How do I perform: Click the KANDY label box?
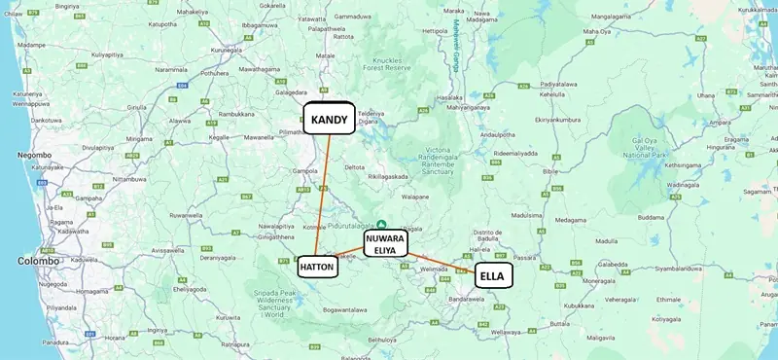point(329,119)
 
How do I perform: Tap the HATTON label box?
point(318,266)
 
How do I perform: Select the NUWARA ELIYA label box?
point(386,242)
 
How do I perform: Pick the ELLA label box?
point(493,276)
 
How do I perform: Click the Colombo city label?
point(38,261)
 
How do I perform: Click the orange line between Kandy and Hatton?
point(324,195)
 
